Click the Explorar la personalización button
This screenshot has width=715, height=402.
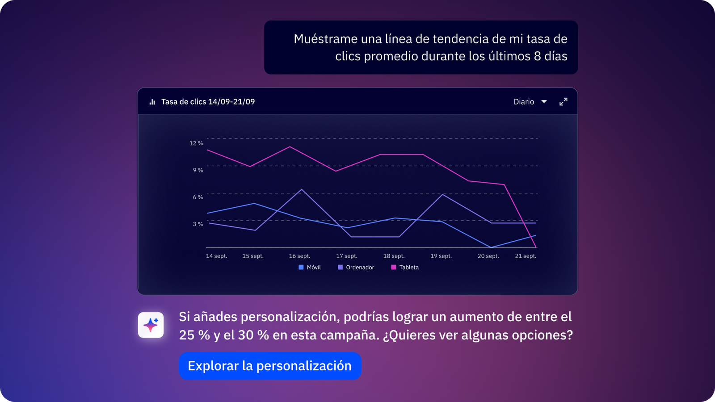click(x=270, y=366)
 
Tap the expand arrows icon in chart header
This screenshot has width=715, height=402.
click(x=564, y=102)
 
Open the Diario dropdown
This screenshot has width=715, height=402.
click(x=530, y=102)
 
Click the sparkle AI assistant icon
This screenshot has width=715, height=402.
click(x=151, y=325)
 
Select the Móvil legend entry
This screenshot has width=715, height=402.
click(x=310, y=267)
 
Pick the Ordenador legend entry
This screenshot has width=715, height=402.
click(x=356, y=267)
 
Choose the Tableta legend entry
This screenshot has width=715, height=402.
click(x=405, y=267)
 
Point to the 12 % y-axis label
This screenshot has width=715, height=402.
click(x=196, y=143)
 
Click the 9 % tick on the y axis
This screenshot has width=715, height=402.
click(x=198, y=170)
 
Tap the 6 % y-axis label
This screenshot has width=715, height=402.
click(x=198, y=197)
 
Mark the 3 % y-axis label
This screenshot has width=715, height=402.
click(x=198, y=224)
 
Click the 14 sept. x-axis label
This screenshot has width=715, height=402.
click(x=217, y=256)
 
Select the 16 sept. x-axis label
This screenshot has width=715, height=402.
click(x=299, y=256)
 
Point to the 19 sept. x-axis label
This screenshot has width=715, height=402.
click(x=441, y=256)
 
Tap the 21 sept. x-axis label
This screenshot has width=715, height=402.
click(x=526, y=256)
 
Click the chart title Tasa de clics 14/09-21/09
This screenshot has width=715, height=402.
click(x=208, y=102)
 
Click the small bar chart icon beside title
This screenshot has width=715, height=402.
click(x=152, y=102)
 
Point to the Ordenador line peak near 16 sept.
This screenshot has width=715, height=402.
click(x=302, y=189)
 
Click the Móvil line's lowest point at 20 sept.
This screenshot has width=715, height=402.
click(x=491, y=247)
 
